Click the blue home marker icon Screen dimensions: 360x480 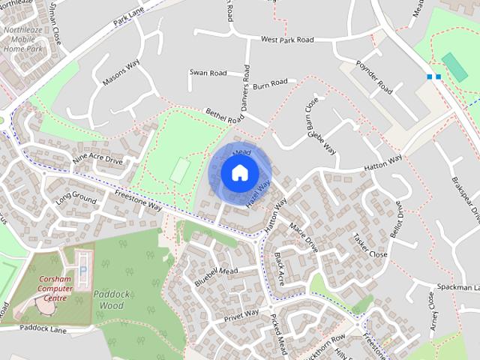(239, 172)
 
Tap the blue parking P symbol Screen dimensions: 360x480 (84, 268)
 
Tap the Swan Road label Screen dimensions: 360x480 (208, 73)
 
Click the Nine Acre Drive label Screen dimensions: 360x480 (97, 159)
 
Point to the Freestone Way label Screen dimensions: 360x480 (139, 199)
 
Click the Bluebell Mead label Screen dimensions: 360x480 (215, 275)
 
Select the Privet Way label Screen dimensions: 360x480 (241, 315)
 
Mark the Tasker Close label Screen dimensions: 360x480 (370, 244)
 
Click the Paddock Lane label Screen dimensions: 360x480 (43, 329)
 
